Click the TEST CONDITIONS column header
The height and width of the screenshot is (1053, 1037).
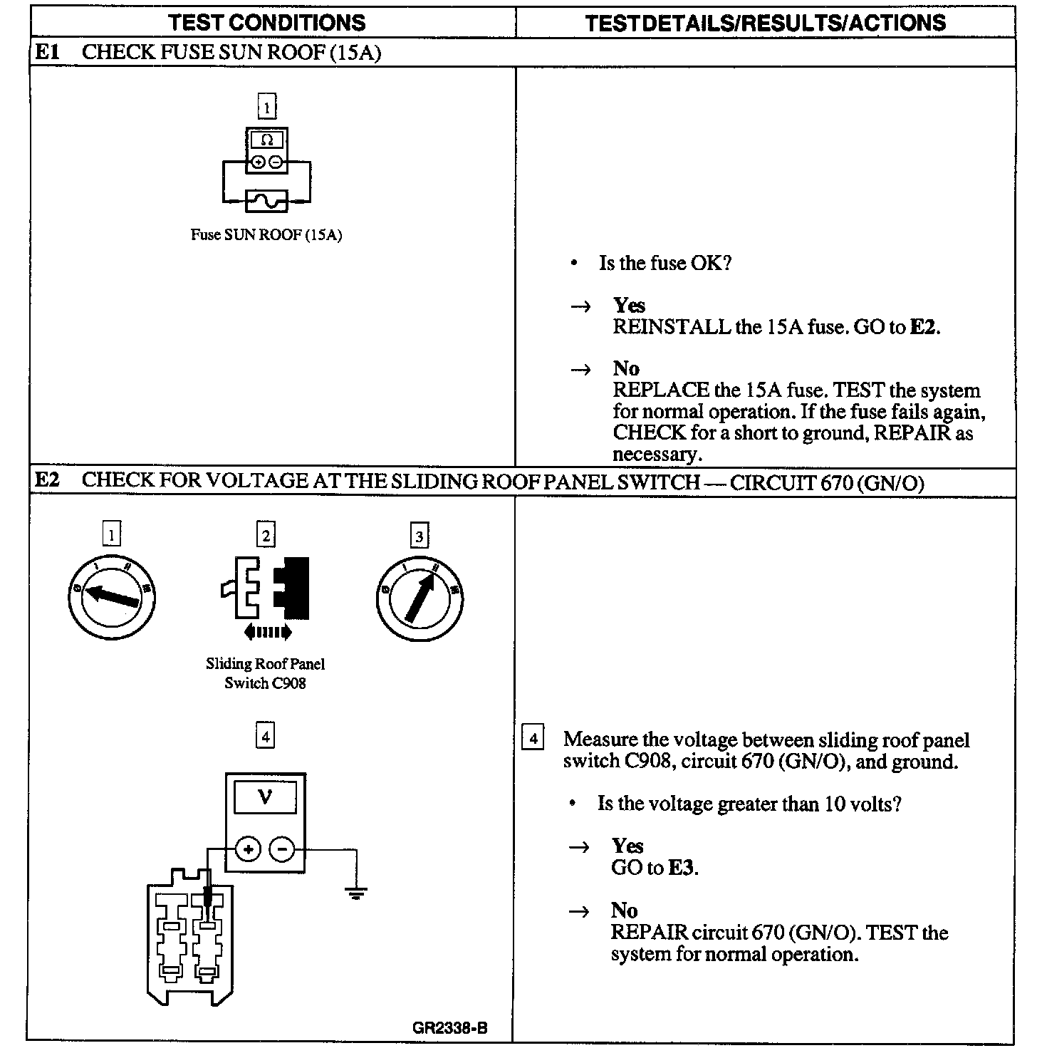pyautogui.click(x=267, y=22)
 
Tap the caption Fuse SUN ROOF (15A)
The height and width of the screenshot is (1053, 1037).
pyautogui.click(x=266, y=235)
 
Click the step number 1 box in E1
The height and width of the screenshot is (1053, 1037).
pyautogui.click(x=266, y=108)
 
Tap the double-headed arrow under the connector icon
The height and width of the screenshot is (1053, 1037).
pyautogui.click(x=266, y=631)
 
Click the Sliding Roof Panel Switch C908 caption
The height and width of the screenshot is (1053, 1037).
pyautogui.click(x=265, y=673)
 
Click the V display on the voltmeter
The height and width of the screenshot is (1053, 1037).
pyautogui.click(x=265, y=797)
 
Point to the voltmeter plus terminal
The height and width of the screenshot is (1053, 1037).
pyautogui.click(x=248, y=849)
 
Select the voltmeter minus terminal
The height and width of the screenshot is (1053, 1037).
pyautogui.click(x=282, y=849)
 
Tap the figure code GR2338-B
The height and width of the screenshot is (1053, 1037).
pyautogui.click(x=450, y=1028)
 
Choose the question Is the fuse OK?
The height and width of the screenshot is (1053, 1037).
pyautogui.click(x=665, y=264)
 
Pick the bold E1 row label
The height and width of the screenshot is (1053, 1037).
pyautogui.click(x=47, y=53)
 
